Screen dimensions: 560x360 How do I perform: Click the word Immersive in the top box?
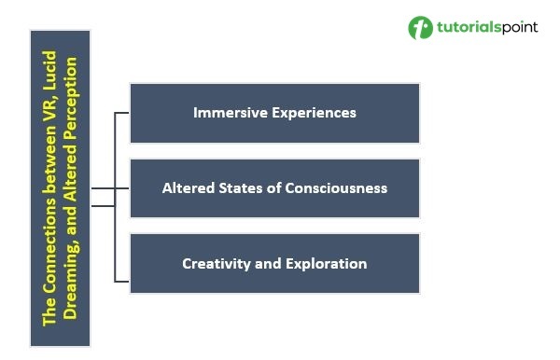click(231, 113)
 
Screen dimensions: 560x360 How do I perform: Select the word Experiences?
click(314, 114)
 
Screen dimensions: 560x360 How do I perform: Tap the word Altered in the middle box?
click(189, 188)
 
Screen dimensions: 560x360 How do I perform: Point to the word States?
click(241, 188)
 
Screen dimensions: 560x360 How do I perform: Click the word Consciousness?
click(336, 188)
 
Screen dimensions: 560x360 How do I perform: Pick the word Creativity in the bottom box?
click(217, 264)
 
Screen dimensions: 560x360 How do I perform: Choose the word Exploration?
click(326, 264)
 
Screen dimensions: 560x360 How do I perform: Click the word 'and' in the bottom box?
click(268, 264)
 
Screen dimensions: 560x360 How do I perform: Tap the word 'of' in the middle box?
click(273, 188)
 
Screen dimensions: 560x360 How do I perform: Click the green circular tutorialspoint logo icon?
click(420, 27)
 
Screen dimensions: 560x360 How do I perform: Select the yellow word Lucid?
click(49, 70)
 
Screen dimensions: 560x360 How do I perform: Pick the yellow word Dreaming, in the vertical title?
click(70, 277)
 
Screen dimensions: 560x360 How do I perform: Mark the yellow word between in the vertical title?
click(49, 161)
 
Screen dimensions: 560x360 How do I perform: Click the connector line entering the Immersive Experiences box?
click(121, 113)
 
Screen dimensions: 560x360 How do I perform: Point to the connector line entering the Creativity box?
click(121, 282)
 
